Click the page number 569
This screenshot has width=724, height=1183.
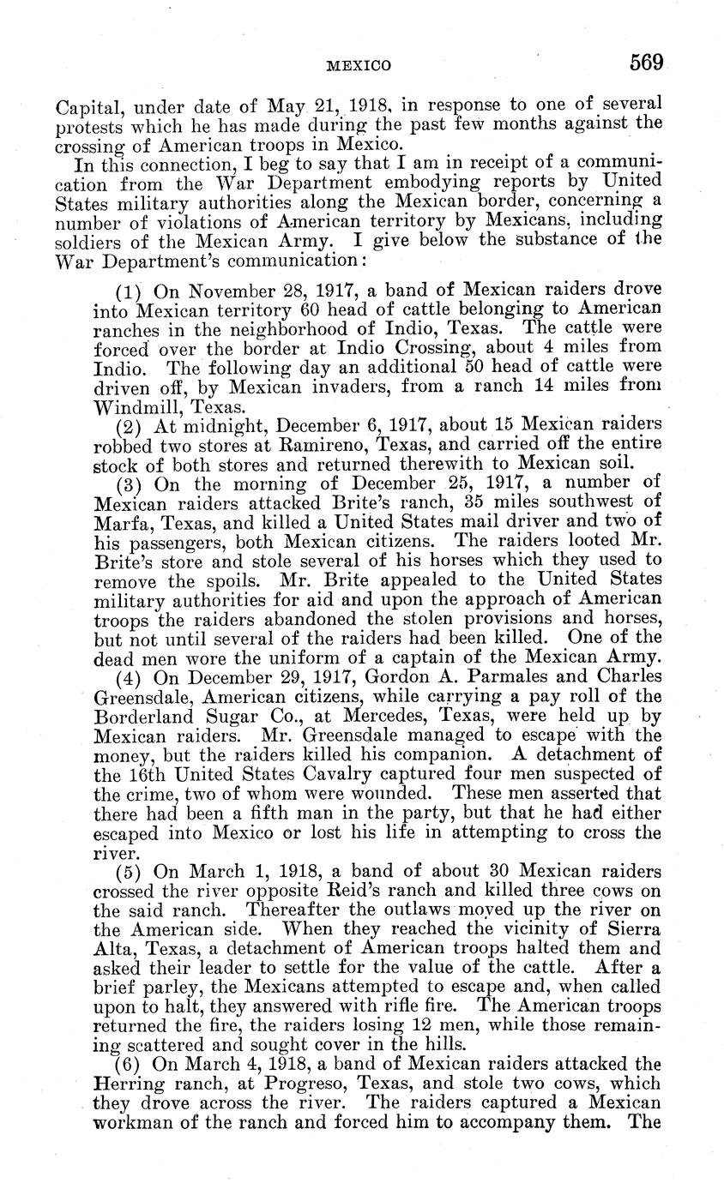pos(646,63)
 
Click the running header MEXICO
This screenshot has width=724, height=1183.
pos(359,66)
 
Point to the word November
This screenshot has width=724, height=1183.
pos(232,291)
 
